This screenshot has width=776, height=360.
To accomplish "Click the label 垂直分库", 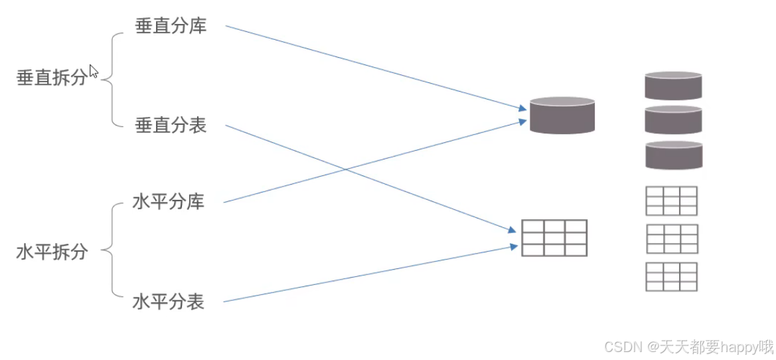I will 171,27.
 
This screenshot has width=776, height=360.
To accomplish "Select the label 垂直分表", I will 171,125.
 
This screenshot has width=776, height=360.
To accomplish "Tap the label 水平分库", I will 168,202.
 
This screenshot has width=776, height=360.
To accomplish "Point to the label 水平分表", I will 168,302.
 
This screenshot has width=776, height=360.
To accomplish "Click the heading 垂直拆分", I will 51,78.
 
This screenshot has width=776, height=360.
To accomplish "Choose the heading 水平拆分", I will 51,252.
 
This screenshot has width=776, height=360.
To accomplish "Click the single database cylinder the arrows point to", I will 562,116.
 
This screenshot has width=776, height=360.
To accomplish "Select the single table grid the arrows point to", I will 554,237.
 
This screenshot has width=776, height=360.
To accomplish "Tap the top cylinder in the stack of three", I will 673,86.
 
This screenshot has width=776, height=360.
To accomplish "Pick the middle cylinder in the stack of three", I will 673,120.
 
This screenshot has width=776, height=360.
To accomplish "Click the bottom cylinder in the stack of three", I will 673,155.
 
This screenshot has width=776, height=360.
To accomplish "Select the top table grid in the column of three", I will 671,201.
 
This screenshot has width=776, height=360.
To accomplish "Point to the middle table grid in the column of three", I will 671,238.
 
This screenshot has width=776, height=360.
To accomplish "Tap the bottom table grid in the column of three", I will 671,276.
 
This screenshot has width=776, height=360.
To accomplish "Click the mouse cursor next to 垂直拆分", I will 93,72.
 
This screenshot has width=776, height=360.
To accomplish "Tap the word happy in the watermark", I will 739,346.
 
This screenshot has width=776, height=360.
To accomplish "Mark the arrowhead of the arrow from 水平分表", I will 514,246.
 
